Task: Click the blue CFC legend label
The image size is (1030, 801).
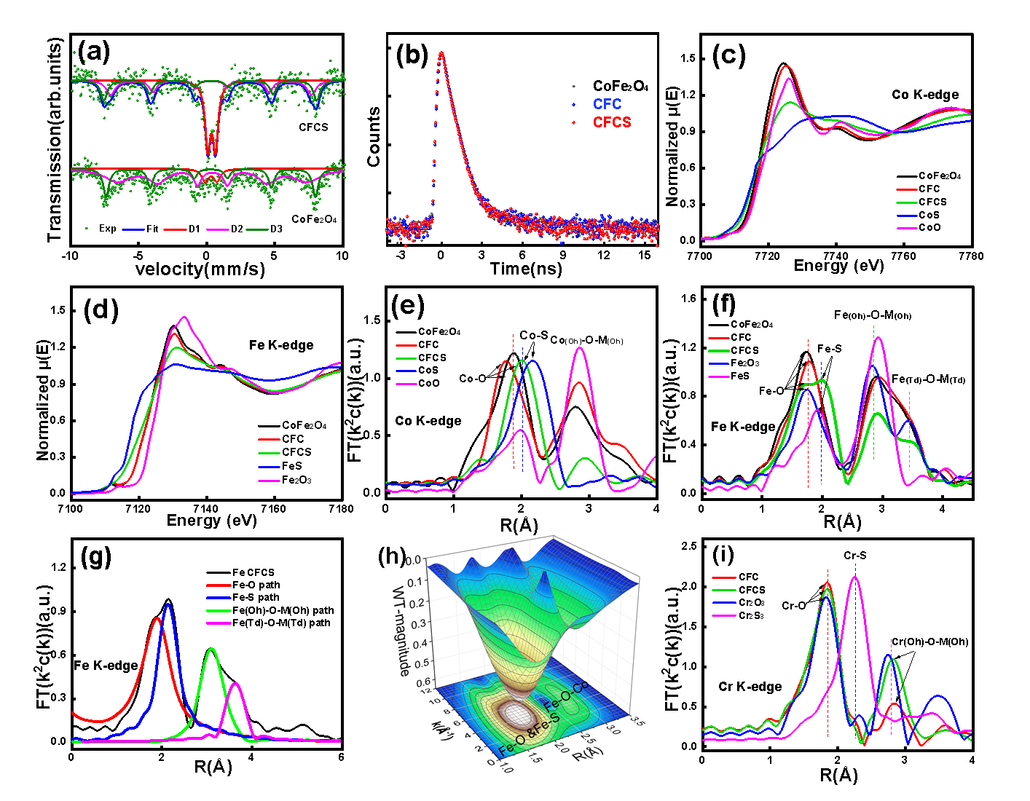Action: tap(607, 104)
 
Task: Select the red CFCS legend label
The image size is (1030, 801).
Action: tap(612, 122)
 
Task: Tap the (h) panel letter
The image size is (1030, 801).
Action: tap(393, 556)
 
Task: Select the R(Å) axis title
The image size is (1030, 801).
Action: tap(587, 755)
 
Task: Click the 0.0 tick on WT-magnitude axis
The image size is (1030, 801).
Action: tap(413, 561)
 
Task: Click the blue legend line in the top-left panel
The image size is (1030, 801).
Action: tap(133, 229)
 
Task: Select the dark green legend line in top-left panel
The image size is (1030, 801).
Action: tap(256, 229)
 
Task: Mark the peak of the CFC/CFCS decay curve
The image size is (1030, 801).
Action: tap(440, 53)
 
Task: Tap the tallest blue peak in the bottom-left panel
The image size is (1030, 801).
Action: tap(168, 605)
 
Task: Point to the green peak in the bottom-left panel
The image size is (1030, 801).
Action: tap(211, 649)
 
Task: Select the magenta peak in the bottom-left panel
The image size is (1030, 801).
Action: tap(235, 684)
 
